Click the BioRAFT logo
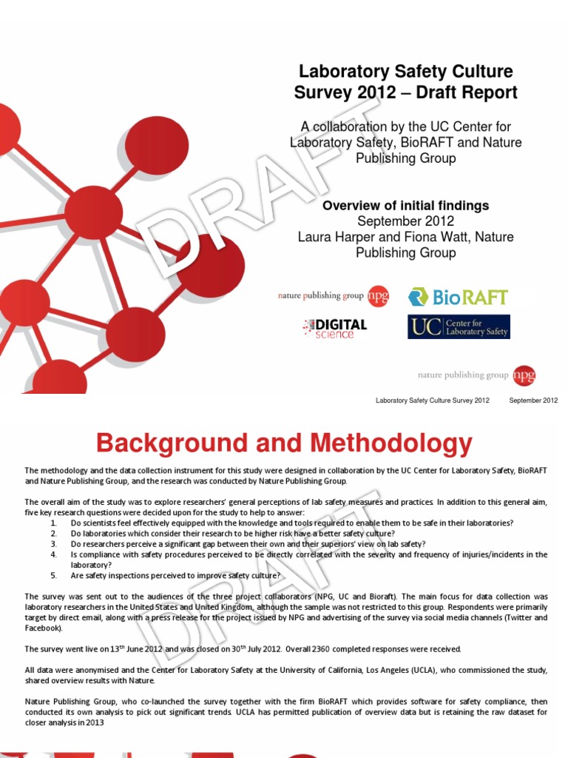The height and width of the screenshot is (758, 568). [x=459, y=297]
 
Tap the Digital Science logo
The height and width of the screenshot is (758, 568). [x=334, y=327]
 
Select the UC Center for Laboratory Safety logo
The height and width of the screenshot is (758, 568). [x=459, y=327]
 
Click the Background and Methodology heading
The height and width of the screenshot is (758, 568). [x=284, y=444]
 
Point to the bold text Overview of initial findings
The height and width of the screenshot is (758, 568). [x=405, y=206]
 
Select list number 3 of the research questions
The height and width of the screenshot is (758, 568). [x=53, y=543]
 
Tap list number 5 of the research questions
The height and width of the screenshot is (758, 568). [x=53, y=575]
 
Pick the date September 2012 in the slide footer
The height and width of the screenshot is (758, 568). [x=533, y=400]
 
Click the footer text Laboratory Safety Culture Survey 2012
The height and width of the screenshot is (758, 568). [x=433, y=400]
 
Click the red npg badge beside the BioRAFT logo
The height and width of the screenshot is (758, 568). [x=379, y=296]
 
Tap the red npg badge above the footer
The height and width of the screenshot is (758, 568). [x=524, y=375]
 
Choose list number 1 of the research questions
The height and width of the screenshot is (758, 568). [x=53, y=523]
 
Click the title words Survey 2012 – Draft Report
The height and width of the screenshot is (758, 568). [x=405, y=93]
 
